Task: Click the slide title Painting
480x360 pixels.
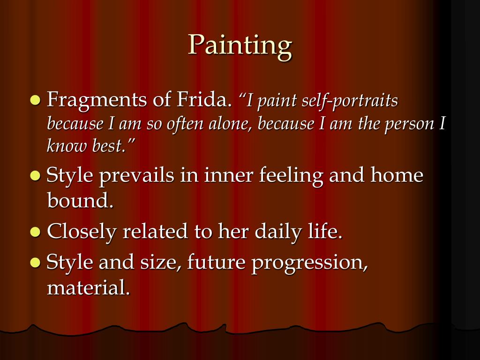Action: pyautogui.click(x=240, y=46)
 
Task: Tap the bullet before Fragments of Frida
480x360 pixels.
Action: pyautogui.click(x=36, y=100)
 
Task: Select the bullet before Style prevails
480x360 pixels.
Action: pyautogui.click(x=36, y=176)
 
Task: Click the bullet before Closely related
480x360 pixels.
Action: pyautogui.click(x=36, y=232)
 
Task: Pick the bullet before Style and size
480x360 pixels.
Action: pyautogui.click(x=36, y=262)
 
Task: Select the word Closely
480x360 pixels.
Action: pyautogui.click(x=82, y=232)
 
